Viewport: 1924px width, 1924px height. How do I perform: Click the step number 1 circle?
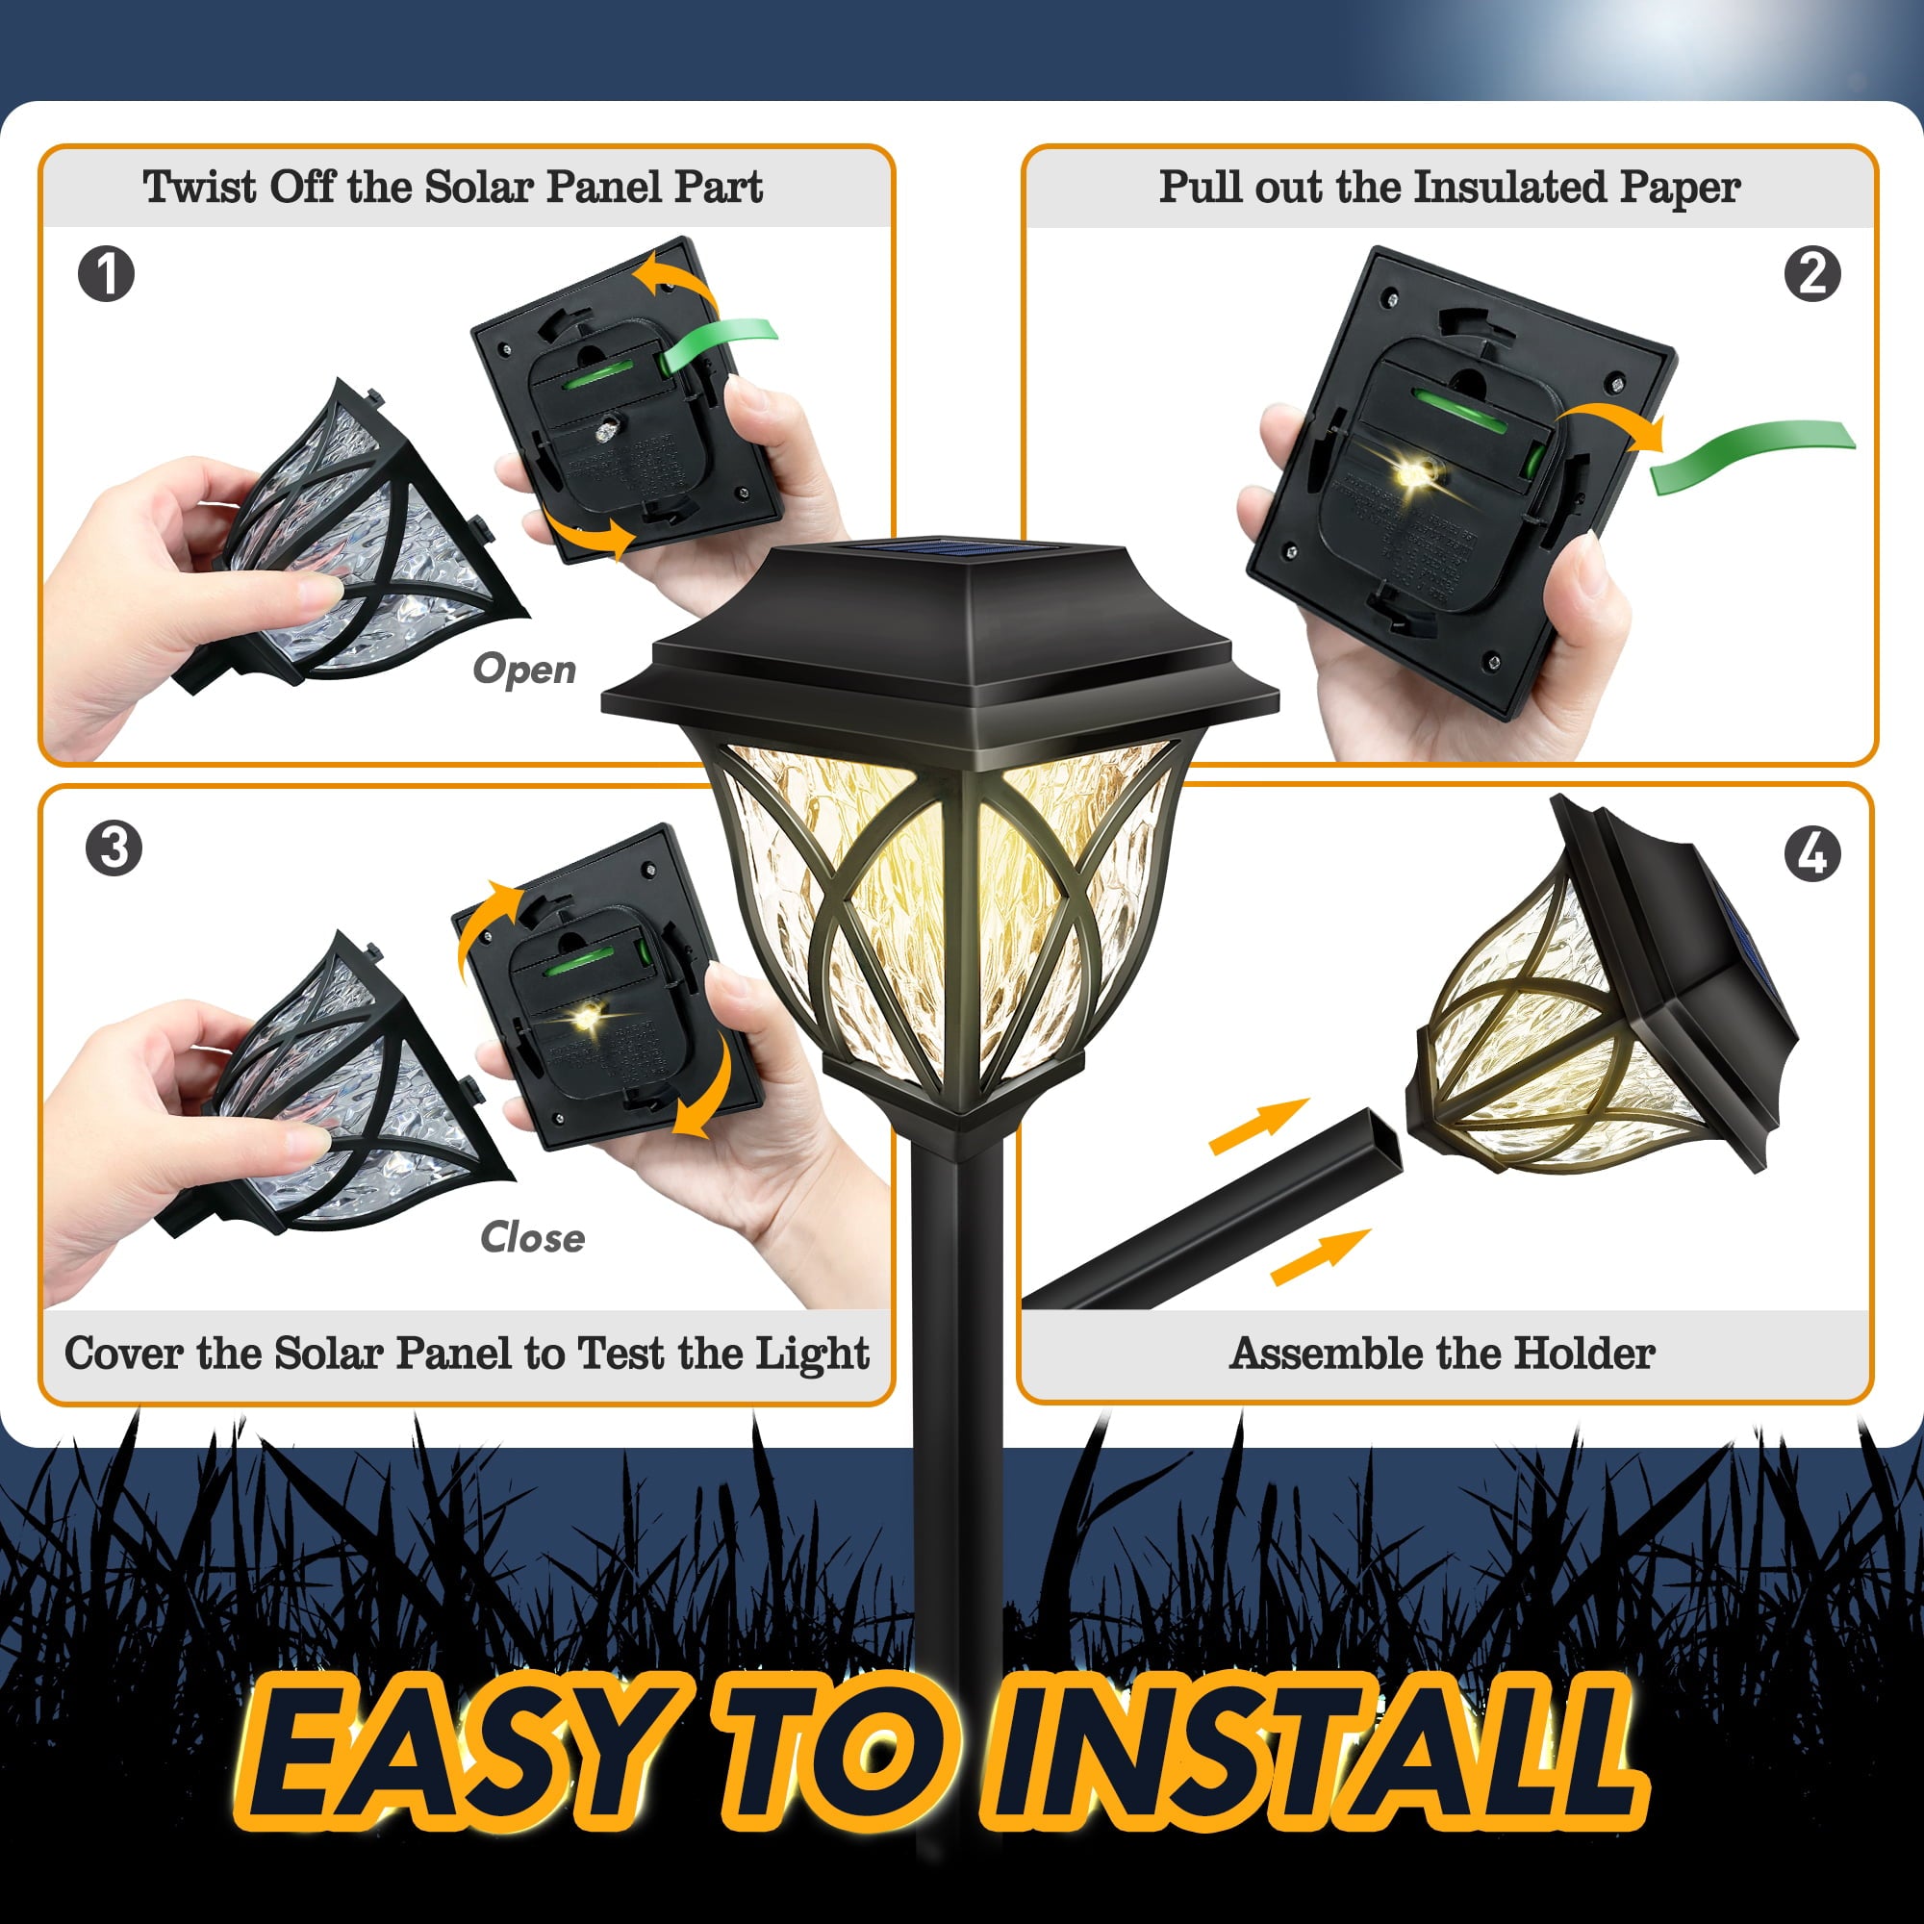click(106, 274)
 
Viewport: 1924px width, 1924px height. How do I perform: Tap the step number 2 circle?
click(1811, 274)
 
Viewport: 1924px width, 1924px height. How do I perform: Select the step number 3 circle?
click(114, 848)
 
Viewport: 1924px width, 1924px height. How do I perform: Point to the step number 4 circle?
click(1812, 853)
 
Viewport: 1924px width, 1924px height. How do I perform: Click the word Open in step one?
click(524, 670)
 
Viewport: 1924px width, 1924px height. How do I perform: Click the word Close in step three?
click(532, 1238)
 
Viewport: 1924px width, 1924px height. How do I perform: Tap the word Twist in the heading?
click(199, 187)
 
